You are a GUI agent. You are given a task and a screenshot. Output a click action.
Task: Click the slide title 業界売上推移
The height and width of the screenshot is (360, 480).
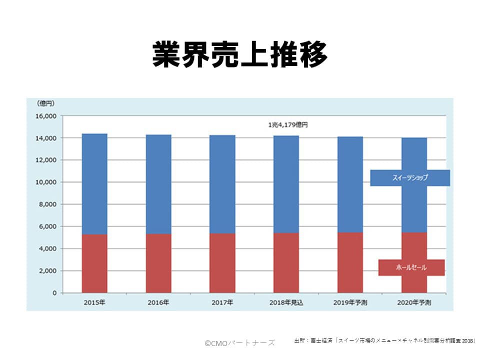pyautogui.click(x=239, y=54)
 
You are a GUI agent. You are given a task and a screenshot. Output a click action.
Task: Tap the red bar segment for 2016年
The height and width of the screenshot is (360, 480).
pyautogui.click(x=158, y=263)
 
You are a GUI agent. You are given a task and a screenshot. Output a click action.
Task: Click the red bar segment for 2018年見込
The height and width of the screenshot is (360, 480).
pyautogui.click(x=286, y=262)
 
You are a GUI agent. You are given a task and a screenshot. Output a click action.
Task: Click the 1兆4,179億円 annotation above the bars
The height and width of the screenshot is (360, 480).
pyautogui.click(x=288, y=125)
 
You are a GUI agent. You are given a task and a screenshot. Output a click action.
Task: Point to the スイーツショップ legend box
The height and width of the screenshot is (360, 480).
pyautogui.click(x=410, y=177)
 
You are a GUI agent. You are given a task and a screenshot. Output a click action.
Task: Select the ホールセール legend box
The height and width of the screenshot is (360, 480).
pyautogui.click(x=411, y=267)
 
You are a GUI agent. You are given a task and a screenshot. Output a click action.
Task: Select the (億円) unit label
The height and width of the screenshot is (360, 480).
pyautogui.click(x=46, y=103)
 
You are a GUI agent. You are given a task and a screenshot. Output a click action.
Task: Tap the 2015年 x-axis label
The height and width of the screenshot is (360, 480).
pyautogui.click(x=94, y=302)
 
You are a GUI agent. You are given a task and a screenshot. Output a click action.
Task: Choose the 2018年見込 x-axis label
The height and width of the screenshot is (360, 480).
pyautogui.click(x=286, y=302)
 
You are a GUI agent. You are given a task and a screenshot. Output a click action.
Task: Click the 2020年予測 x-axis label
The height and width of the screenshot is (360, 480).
pyautogui.click(x=413, y=302)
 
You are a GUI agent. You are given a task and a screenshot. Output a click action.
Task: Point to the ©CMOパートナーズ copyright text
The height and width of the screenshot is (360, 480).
pyautogui.click(x=240, y=342)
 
